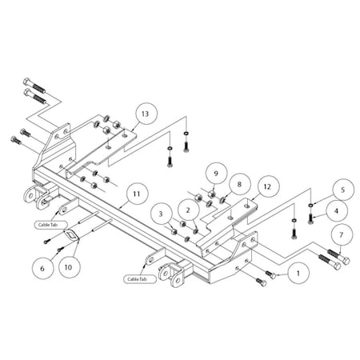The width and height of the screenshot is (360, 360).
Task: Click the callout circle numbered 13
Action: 143,113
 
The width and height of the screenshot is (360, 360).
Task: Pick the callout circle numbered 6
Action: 43,269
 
